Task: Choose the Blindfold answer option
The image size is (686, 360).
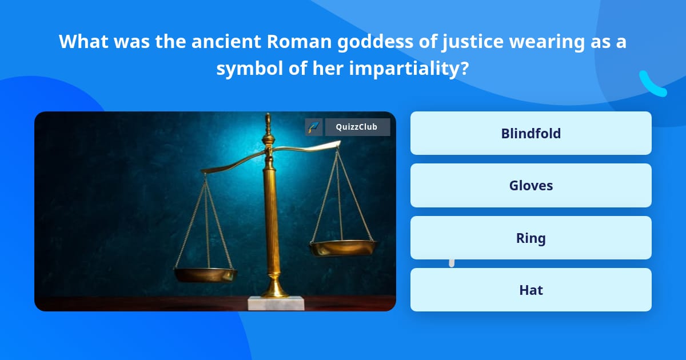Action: pos(531,133)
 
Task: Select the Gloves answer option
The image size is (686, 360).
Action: pos(531,186)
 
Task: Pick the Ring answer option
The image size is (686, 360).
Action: pos(531,238)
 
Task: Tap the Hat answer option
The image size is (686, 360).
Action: pos(531,290)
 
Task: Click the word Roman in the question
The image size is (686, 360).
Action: pos(290,42)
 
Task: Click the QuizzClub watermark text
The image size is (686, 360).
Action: pos(357,127)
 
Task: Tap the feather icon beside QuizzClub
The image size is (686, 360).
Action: pos(314,127)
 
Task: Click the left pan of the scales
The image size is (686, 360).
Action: pos(205,274)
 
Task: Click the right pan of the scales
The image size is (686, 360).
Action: pos(344,247)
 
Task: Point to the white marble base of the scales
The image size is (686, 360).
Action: pos(276,303)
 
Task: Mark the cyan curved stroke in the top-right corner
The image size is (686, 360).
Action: pos(652,84)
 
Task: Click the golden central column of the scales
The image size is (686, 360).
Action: pos(270,217)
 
